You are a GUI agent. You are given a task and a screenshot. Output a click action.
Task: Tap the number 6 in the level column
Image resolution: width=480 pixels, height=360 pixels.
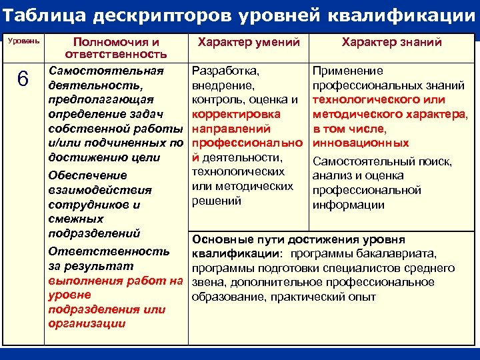[x=23, y=79]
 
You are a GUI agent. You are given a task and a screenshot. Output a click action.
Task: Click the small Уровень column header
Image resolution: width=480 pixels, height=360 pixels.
[x=23, y=41]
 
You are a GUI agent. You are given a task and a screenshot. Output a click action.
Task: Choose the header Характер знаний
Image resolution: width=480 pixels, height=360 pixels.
[x=391, y=42]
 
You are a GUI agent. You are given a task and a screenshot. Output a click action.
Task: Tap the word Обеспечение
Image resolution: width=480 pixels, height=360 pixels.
[x=87, y=175]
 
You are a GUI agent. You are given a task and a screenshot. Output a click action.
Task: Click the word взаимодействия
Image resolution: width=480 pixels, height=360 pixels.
[x=99, y=190]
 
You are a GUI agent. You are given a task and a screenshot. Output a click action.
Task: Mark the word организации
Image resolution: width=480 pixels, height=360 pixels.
[x=87, y=324]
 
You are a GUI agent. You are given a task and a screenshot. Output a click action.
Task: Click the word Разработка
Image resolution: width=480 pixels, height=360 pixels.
[x=225, y=71]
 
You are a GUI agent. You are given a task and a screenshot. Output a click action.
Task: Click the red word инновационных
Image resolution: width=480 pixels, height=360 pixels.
[x=361, y=143]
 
